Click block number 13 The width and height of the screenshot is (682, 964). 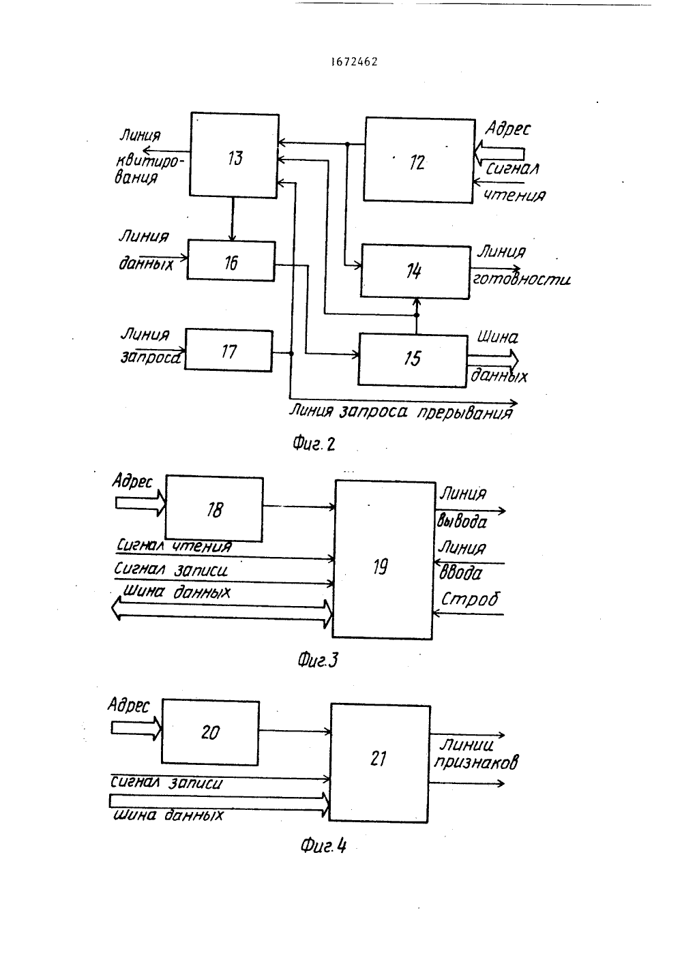pyautogui.click(x=234, y=155)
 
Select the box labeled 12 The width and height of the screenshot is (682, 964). pyautogui.click(x=419, y=160)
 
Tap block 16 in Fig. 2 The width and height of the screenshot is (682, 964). pyautogui.click(x=231, y=261)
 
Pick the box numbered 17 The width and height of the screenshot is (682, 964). pyautogui.click(x=229, y=350)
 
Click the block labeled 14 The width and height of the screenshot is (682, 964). pyautogui.click(x=415, y=271)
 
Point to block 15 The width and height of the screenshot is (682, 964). pyautogui.click(x=413, y=360)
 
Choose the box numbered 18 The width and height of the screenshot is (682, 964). pyautogui.click(x=214, y=509)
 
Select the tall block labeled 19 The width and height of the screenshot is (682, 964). pyautogui.click(x=383, y=560)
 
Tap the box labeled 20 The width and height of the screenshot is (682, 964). pyautogui.click(x=211, y=733)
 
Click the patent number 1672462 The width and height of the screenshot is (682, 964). pyautogui.click(x=355, y=62)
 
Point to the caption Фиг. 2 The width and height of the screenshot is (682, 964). pyautogui.click(x=314, y=444)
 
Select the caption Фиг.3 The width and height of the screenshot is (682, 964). pyautogui.click(x=318, y=660)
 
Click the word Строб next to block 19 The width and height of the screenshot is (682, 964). pyautogui.click(x=470, y=599)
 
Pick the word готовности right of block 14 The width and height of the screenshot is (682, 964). pyautogui.click(x=522, y=280)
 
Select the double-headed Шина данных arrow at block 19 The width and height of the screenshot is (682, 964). pyautogui.click(x=222, y=614)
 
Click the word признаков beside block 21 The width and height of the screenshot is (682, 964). pyautogui.click(x=476, y=763)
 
